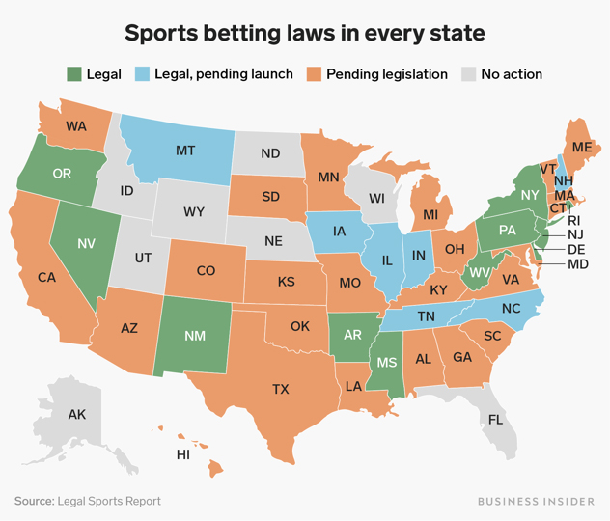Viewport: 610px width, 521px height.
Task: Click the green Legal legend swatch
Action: [74, 73]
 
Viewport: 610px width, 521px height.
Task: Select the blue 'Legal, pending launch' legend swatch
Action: [142, 73]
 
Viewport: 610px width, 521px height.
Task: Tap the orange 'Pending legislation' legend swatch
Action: [315, 73]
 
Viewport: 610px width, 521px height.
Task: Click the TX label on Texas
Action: [280, 389]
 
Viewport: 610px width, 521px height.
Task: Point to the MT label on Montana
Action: [186, 151]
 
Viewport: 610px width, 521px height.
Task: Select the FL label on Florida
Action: [495, 420]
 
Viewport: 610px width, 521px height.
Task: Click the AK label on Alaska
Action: [77, 415]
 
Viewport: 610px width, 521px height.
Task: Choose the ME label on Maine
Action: [582, 148]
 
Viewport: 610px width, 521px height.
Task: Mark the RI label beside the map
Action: [573, 220]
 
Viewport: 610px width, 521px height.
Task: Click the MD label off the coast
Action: [577, 263]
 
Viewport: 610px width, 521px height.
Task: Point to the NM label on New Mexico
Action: [193, 335]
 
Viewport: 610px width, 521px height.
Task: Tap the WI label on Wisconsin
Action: [376, 199]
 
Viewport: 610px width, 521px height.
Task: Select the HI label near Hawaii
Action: [182, 454]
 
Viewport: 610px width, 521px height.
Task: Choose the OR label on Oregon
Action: [63, 174]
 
